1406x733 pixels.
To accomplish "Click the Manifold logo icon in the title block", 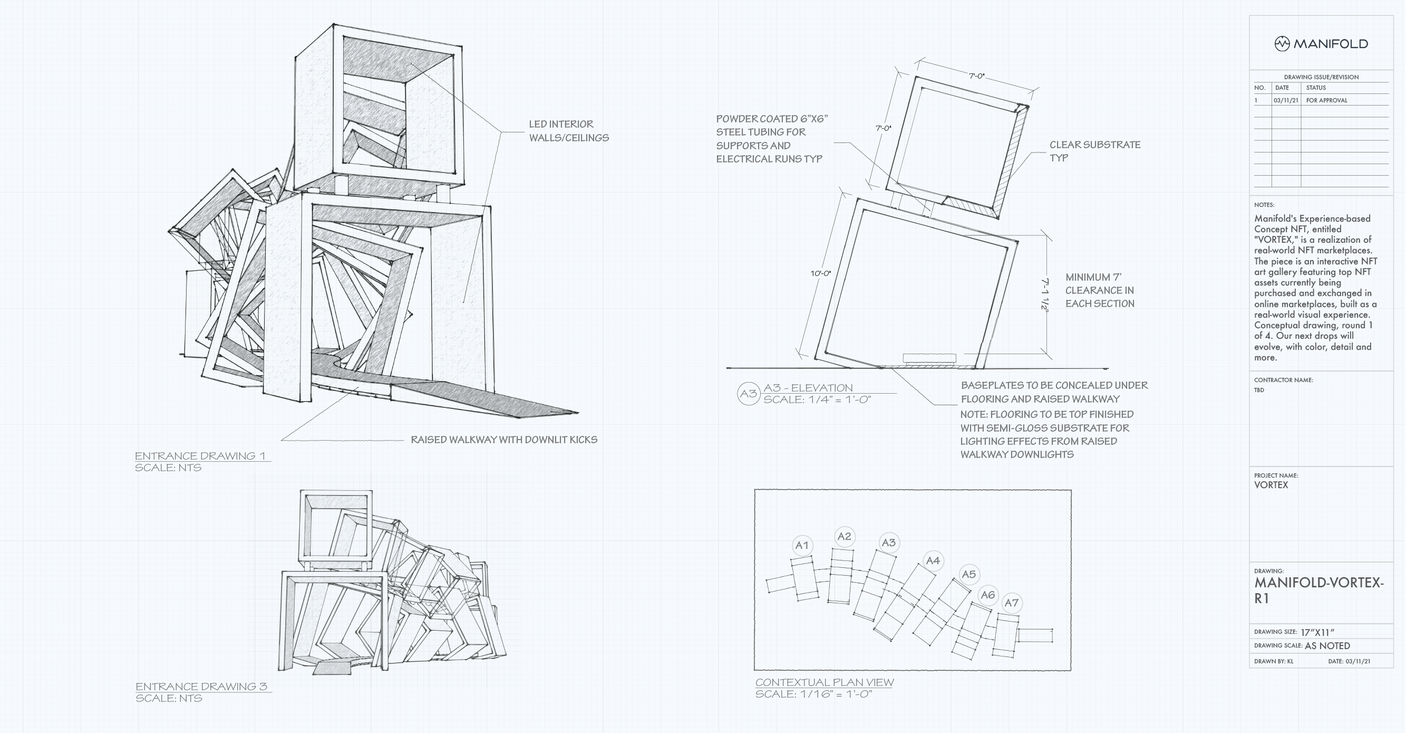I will (x=1282, y=44).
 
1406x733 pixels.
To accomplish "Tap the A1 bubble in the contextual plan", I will (x=802, y=545).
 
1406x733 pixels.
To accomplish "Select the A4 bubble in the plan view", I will (x=933, y=561).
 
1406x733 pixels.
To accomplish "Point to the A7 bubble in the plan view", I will (x=1011, y=603).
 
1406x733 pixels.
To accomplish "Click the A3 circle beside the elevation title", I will (x=748, y=394).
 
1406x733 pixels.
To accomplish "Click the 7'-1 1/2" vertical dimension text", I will (x=1045, y=296).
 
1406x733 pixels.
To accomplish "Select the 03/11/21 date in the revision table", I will (x=1286, y=100).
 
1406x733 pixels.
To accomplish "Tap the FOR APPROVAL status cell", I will (x=1326, y=100).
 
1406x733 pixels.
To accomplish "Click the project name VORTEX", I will (x=1271, y=485).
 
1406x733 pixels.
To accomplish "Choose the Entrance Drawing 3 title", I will (x=201, y=687).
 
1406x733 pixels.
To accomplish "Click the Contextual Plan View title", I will (x=824, y=682).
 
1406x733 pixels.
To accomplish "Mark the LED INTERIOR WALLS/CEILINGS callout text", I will (x=568, y=131).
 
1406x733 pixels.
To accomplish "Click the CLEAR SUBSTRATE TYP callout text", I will (x=1094, y=151).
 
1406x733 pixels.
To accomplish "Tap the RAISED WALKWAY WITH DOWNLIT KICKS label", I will (x=504, y=440).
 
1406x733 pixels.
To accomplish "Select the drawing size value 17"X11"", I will (x=1317, y=633).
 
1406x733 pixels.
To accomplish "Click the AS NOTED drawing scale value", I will (x=1327, y=645).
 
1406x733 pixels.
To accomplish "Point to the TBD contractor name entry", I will (x=1258, y=390).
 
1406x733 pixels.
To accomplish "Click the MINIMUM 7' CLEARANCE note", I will (x=1099, y=291).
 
